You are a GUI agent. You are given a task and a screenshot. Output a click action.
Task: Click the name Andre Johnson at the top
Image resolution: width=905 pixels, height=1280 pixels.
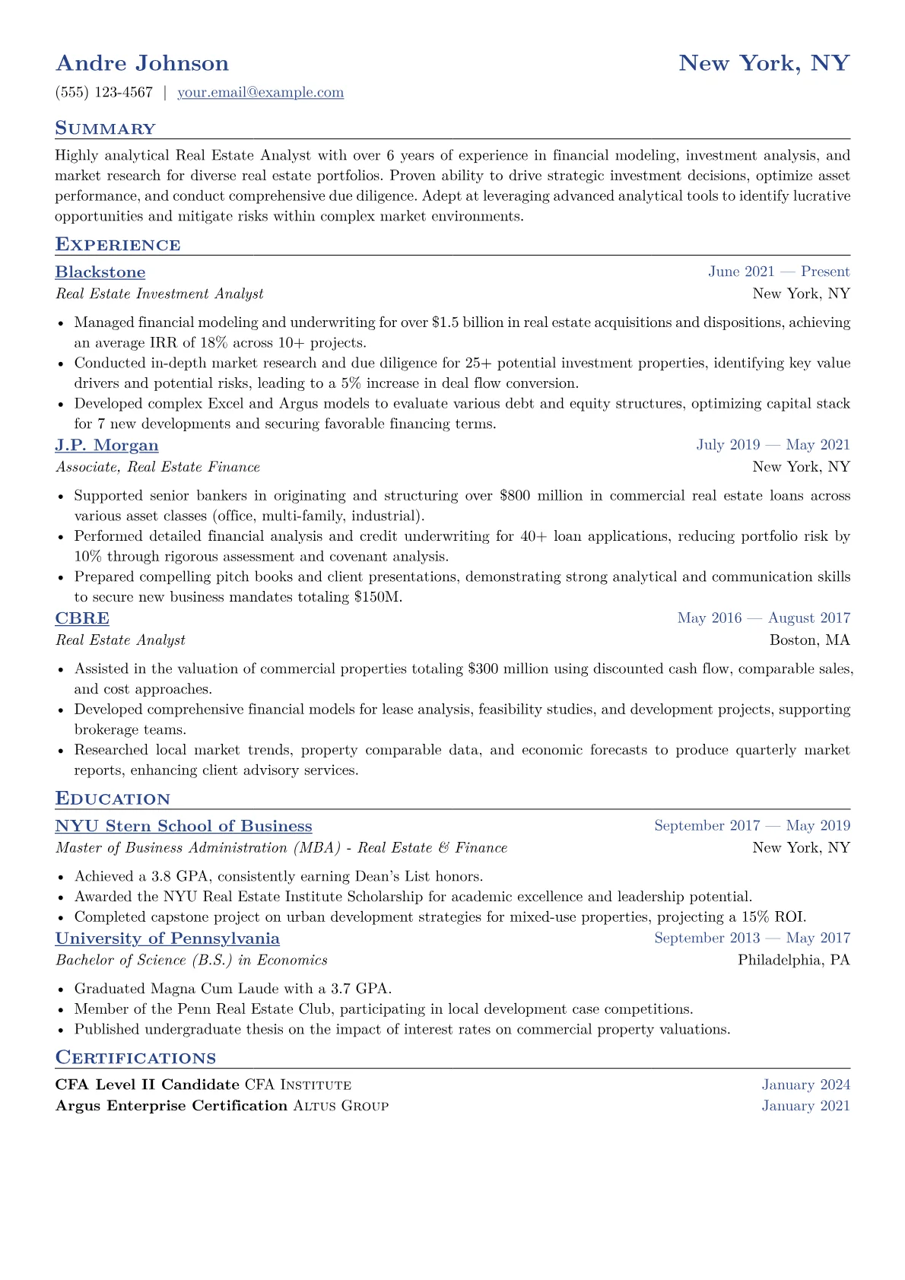142,63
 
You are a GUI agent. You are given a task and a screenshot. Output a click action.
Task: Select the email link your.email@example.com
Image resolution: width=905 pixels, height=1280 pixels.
260,93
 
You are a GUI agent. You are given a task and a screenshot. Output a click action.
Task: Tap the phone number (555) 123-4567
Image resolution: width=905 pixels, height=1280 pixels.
104,93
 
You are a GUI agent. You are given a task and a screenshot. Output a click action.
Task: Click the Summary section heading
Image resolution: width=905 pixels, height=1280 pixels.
105,129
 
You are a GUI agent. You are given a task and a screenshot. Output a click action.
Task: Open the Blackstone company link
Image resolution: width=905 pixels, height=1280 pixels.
100,272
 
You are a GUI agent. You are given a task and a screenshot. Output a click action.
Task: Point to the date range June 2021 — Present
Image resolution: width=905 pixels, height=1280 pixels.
779,272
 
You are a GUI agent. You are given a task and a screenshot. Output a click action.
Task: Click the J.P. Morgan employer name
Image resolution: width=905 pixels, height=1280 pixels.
107,446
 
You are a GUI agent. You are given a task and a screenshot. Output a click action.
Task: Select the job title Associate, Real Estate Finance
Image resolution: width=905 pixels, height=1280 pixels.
157,467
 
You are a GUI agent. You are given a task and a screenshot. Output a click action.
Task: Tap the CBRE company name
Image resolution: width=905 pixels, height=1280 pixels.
82,618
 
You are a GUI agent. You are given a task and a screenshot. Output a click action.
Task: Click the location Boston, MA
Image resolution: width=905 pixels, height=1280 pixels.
809,640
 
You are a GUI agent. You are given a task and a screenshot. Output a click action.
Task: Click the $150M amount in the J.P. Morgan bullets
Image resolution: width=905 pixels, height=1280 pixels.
378,597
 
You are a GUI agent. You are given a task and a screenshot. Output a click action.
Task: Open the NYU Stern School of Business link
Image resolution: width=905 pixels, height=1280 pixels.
184,827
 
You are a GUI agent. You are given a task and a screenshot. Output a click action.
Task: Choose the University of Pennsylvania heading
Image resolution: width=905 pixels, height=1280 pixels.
167,939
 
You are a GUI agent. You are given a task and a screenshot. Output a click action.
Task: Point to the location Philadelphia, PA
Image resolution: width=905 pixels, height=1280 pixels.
793,961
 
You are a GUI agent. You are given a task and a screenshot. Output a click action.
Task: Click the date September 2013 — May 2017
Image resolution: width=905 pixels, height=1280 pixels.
752,939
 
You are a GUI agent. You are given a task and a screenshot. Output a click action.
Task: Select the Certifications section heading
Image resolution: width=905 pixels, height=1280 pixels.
135,1058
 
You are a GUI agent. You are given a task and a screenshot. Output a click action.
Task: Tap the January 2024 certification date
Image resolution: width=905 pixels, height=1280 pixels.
805,1085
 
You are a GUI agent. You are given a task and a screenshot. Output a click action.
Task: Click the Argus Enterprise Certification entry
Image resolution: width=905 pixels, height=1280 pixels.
171,1106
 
